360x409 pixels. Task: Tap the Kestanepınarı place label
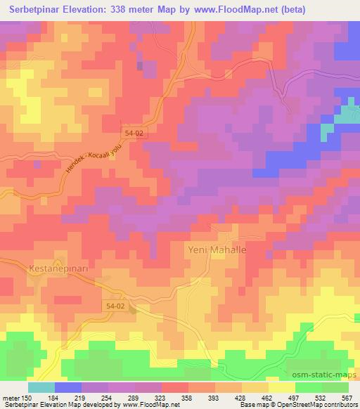58,268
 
